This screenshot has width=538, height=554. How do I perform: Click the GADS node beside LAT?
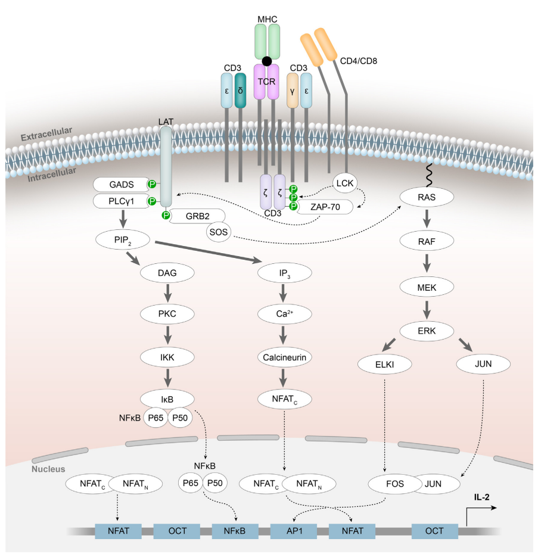click(122, 185)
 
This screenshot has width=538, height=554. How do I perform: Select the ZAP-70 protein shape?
click(325, 207)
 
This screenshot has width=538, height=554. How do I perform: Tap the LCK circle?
click(345, 183)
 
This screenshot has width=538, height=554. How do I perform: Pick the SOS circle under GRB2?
click(219, 232)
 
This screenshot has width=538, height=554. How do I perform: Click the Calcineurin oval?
click(285, 357)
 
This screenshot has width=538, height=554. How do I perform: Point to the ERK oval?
click(427, 331)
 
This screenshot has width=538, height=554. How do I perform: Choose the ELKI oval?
click(385, 364)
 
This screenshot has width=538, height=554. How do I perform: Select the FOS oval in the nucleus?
click(395, 484)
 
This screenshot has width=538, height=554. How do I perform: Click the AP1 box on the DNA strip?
click(294, 531)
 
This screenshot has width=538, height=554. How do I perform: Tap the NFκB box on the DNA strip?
click(235, 531)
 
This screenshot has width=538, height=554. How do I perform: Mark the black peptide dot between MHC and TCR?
click(267, 61)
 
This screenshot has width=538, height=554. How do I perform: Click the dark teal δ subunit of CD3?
click(240, 91)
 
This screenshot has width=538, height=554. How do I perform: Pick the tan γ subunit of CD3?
click(293, 91)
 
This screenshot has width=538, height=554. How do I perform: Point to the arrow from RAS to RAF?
click(427, 219)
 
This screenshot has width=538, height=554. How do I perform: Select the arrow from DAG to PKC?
click(167, 293)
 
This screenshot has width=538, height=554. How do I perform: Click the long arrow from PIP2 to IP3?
click(209, 251)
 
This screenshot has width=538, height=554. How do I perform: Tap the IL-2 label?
click(482, 497)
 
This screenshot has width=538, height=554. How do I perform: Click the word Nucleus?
click(48, 469)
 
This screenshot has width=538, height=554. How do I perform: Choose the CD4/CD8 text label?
click(359, 61)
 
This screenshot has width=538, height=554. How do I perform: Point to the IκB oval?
click(167, 399)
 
